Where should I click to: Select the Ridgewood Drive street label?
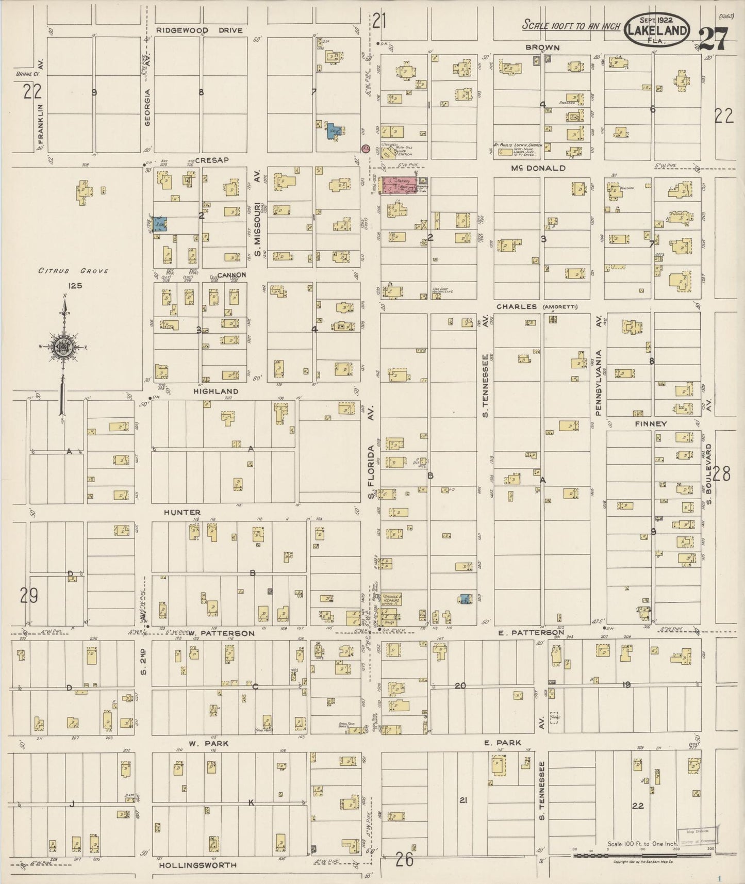tap(200, 30)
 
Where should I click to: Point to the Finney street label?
tap(651, 423)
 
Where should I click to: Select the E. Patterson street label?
tap(532, 632)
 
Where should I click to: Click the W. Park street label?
tap(208, 743)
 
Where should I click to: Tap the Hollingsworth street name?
tap(197, 865)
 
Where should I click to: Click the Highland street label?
tap(216, 391)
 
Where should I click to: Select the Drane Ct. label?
tap(27, 74)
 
